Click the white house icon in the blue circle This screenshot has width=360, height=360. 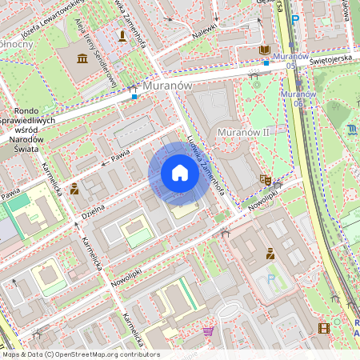(180, 173)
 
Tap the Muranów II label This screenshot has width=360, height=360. (242, 131)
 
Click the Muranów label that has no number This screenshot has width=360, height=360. (166, 85)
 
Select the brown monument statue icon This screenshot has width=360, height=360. (122, 36)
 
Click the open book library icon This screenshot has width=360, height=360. (265, 50)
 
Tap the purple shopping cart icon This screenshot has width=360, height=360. (208, 330)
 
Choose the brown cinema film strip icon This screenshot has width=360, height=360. (324, 327)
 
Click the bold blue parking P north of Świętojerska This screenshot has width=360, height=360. (295, 19)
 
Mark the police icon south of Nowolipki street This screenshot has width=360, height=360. (270, 254)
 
